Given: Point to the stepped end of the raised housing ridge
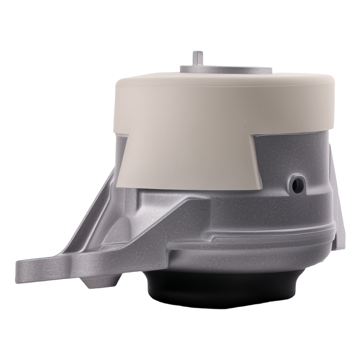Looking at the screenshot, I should [x=212, y=238].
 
